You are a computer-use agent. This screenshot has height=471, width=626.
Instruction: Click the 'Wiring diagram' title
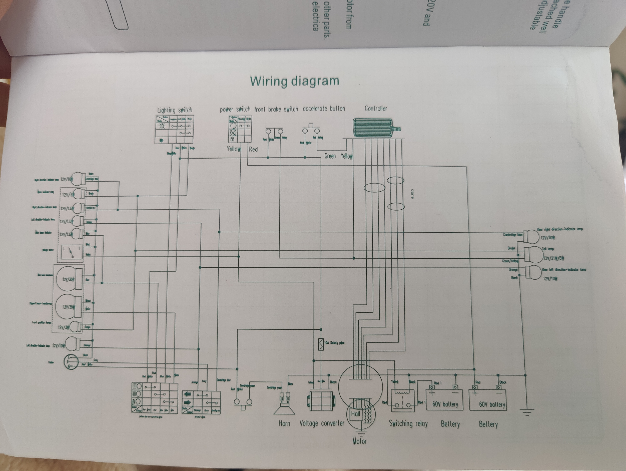[294, 81]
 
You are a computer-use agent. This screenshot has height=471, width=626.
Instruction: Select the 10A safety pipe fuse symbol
[321, 344]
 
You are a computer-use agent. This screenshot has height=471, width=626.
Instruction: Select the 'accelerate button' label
[324, 109]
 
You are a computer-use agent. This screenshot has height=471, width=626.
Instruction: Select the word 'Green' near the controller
[330, 156]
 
